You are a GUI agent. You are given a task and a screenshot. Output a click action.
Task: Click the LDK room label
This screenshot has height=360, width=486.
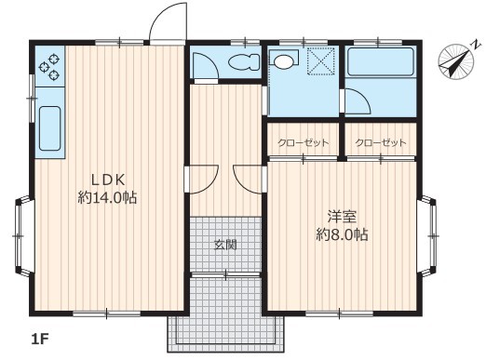tap(108, 180)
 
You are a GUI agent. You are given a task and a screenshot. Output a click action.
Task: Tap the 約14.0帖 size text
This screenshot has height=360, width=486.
tap(107, 197)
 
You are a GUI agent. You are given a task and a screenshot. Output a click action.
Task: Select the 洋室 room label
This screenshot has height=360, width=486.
tap(342, 217)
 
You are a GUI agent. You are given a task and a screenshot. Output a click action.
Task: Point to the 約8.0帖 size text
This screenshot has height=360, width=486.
tap(342, 234)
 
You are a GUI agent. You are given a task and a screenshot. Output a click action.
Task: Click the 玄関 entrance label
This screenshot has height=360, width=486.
tap(225, 245)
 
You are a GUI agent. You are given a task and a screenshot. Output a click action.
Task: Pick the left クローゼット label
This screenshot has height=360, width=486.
tap(304, 142)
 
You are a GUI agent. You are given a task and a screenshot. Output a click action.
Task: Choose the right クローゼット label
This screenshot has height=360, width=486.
tap(381, 142)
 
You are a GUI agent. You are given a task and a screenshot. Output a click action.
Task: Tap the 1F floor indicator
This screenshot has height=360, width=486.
tap(40, 340)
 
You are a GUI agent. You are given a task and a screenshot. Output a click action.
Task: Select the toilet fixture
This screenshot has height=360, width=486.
tap(244, 62)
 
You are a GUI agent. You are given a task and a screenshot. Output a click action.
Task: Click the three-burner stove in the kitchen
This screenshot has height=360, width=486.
tap(49, 66)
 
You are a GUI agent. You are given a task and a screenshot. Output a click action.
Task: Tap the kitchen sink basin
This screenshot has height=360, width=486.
tap(49, 128)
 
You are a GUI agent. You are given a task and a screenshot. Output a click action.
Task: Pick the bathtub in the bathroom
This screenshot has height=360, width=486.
tap(381, 61)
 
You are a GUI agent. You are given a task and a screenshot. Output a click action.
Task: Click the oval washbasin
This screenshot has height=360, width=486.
tap(283, 61)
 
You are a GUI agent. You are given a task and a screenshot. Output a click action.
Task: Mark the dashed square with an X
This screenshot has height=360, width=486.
tap(321, 61)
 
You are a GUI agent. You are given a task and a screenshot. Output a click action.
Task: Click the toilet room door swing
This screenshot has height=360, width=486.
tap(206, 65)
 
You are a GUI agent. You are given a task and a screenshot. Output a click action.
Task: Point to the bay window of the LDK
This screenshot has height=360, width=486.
tap(23, 236)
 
